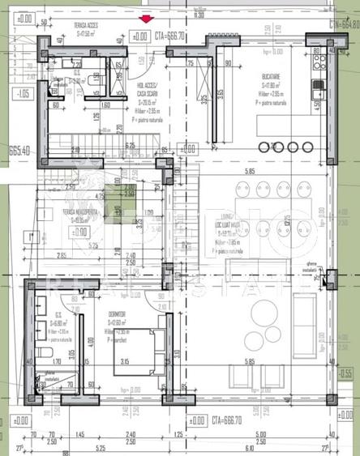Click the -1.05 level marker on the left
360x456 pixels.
pyautogui.click(x=22, y=95)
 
